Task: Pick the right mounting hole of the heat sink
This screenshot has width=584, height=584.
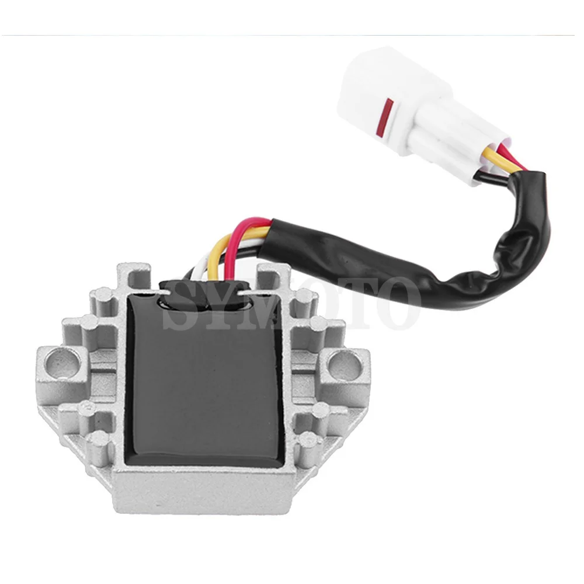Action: tap(345, 363)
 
